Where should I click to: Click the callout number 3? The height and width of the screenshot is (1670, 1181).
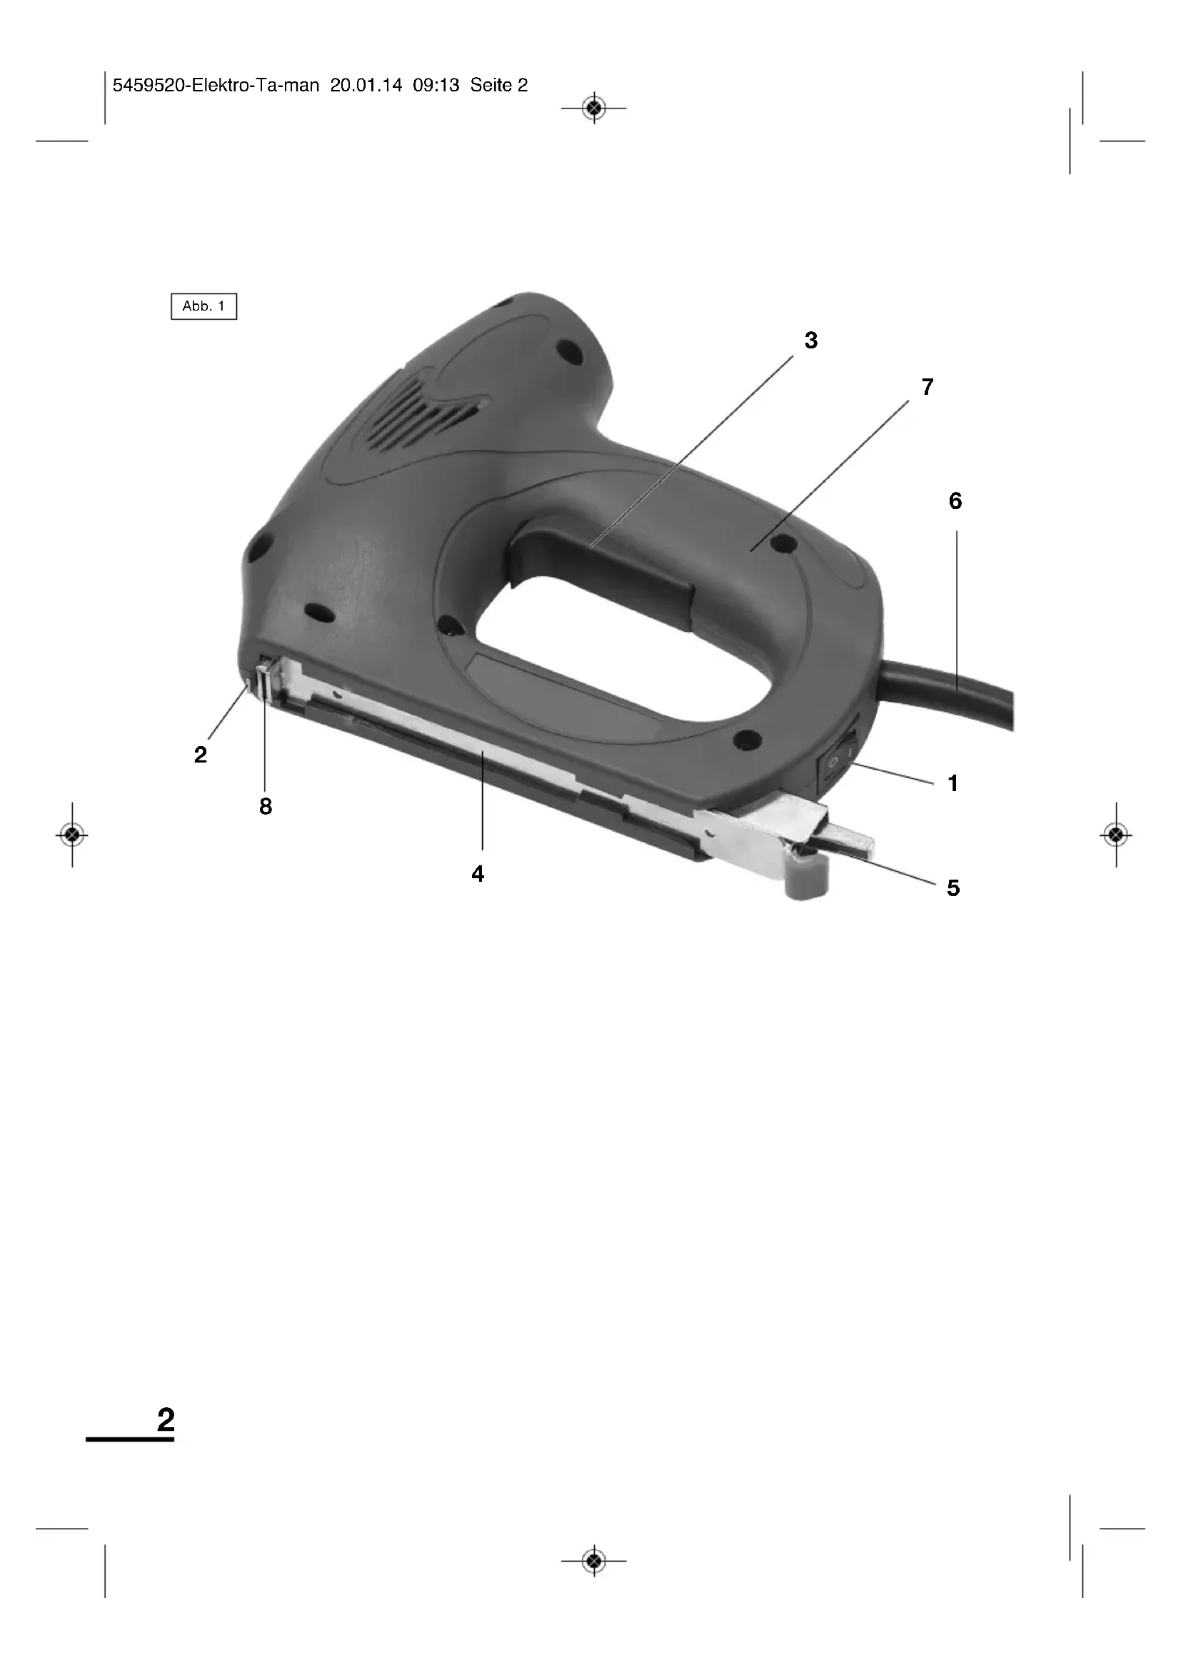pyautogui.click(x=811, y=341)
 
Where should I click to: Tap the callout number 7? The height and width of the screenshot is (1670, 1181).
pyautogui.click(x=928, y=387)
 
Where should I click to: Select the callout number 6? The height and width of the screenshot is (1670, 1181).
pyautogui.click(x=955, y=501)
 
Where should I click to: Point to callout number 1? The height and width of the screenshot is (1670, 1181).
pyautogui.click(x=953, y=783)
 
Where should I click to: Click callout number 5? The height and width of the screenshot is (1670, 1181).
pyautogui.click(x=953, y=887)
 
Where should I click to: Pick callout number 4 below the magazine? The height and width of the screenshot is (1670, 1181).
pyautogui.click(x=478, y=873)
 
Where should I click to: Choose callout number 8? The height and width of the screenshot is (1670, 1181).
pyautogui.click(x=266, y=806)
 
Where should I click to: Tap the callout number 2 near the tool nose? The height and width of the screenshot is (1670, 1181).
pyautogui.click(x=201, y=755)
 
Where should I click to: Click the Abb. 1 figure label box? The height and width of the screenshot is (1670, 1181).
pyautogui.click(x=203, y=306)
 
